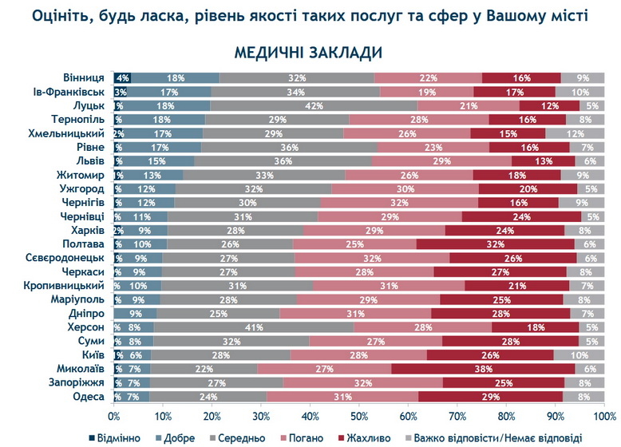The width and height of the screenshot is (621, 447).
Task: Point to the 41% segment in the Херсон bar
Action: coord(255,326)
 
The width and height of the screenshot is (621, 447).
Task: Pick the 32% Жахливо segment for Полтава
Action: coord(495,243)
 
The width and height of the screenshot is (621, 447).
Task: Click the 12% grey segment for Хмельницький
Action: coord(575,133)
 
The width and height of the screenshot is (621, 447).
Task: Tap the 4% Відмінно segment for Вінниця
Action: coord(122,78)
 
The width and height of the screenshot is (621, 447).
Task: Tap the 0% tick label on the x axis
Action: coord(114,417)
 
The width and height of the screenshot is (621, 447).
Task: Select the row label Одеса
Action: coord(89,395)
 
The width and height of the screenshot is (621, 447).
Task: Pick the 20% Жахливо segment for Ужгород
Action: coord(528,188)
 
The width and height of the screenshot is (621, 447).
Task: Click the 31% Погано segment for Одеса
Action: coord(342,395)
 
